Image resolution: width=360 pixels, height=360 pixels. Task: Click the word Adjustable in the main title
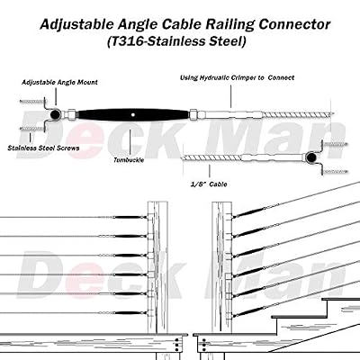76,24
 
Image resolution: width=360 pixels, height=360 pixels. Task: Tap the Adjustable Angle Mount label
59,82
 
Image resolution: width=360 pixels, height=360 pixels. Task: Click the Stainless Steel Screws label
43,148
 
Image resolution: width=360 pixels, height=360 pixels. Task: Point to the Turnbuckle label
129,160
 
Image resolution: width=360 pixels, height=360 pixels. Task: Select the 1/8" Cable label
209,184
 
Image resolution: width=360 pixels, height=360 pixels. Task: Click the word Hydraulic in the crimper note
214,77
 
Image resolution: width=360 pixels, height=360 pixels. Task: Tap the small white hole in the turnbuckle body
133,114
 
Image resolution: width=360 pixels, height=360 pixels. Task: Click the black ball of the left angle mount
55,114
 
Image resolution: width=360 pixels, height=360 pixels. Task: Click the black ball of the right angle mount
310,157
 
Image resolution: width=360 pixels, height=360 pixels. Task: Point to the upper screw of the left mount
32,102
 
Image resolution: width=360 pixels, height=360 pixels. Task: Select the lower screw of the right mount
335,172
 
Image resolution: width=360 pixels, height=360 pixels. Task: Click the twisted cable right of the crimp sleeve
297,114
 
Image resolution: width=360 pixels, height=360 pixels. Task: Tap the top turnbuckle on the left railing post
127,217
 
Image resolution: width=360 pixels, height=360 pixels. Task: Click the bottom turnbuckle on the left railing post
127,313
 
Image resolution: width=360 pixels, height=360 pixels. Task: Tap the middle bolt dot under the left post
176,346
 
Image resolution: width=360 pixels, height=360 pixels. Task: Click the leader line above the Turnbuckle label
130,141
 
